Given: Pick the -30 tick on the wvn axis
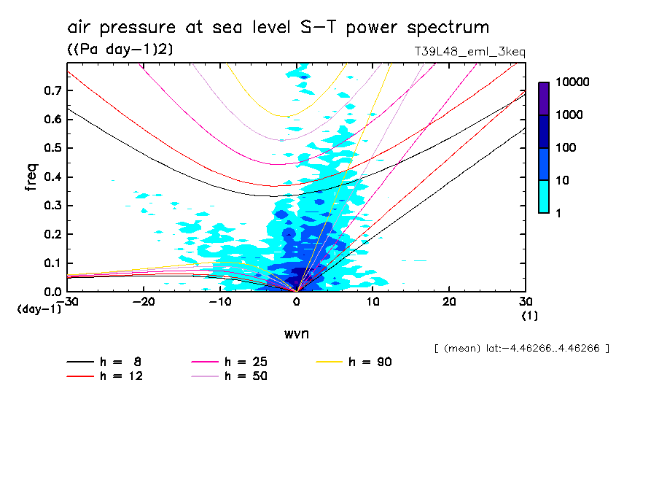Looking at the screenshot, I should pos(67,302).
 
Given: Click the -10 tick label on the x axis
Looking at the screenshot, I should pos(220,302).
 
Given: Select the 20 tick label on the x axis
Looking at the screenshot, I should pos(449,302).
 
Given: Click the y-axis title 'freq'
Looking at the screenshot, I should pos(31,177).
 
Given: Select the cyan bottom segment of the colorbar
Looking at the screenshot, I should pos(544,196).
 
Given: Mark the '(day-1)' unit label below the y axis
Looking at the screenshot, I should pos(39,309).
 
